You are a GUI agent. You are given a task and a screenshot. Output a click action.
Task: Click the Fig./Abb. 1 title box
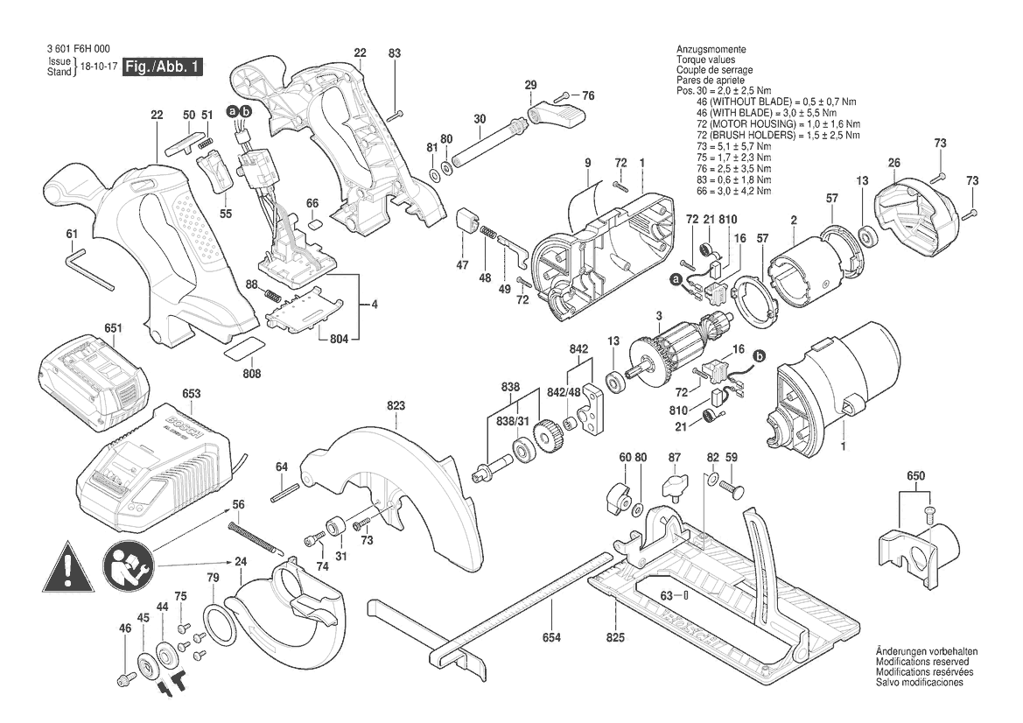[164, 67]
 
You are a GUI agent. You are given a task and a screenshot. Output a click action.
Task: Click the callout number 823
[396, 405]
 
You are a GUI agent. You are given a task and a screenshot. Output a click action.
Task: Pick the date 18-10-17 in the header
[99, 67]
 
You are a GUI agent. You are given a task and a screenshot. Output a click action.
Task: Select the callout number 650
[915, 476]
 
